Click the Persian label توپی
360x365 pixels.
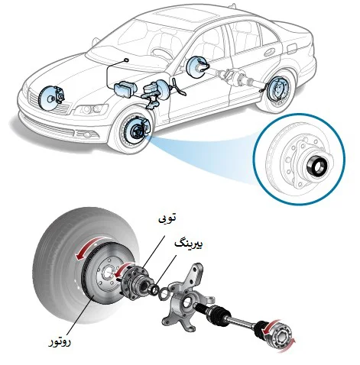pyautogui.click(x=167, y=218)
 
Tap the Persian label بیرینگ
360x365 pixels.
pyautogui.click(x=189, y=244)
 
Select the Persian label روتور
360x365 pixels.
pyautogui.click(x=60, y=342)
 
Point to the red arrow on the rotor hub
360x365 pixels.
pyautogui.click(x=123, y=270)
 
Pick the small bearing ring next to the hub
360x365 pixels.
pyautogui.click(x=154, y=289)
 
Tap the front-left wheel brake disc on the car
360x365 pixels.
pyautogui.click(x=135, y=130)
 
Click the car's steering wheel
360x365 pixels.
pyautogui.click(x=161, y=53)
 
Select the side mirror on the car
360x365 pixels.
pyautogui.click(x=96, y=41)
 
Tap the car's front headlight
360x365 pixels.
pyautogui.click(x=90, y=110)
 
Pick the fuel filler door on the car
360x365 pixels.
pyautogui.click(x=291, y=48)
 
